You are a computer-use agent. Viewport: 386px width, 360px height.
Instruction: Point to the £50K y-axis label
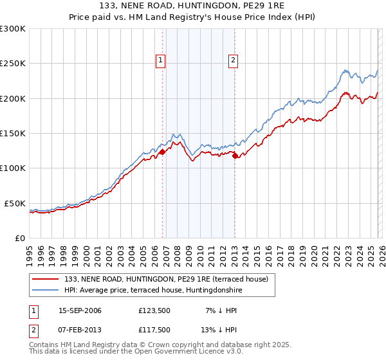pos(15,203)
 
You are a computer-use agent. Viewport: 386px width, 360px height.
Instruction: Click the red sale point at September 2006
pos(162,152)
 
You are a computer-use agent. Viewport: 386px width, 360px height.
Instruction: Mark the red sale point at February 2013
pos(235,156)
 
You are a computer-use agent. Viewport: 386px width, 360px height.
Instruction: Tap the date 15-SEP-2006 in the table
pos(80,310)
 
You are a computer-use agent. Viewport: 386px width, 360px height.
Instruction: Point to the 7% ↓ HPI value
pos(212,310)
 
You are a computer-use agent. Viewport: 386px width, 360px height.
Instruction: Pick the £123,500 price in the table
pos(153,310)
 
